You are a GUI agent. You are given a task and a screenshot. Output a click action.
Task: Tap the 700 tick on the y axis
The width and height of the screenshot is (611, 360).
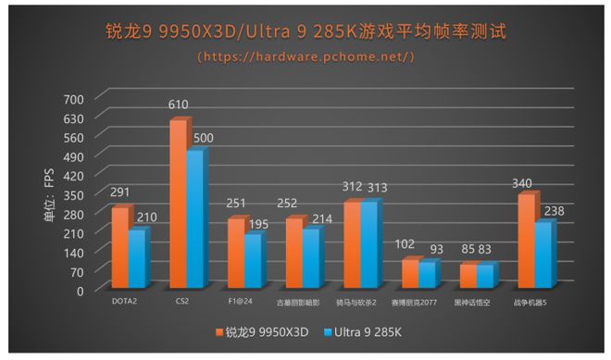click(74, 98)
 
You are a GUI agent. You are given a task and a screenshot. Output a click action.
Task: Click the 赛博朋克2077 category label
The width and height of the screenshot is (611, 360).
click(414, 302)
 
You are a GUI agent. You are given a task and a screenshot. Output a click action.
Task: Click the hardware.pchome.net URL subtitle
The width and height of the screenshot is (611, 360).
click(305, 56)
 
